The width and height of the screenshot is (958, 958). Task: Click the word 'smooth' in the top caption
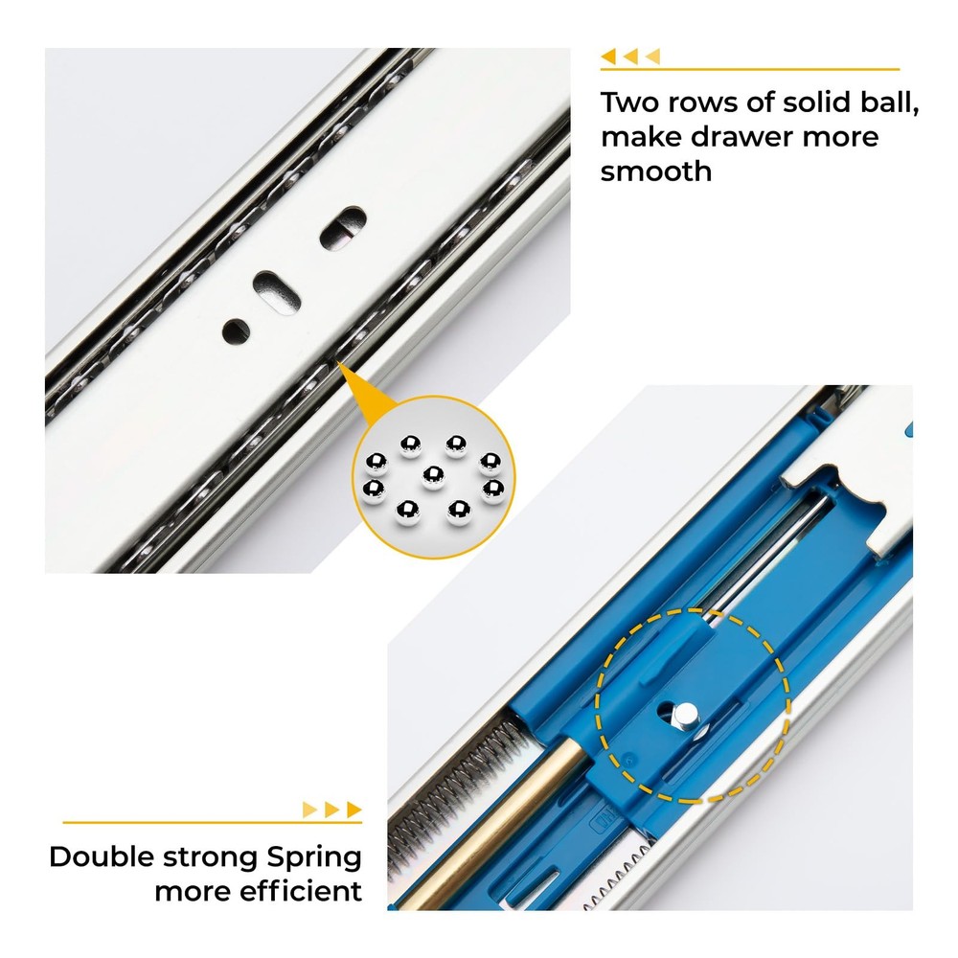point(655,171)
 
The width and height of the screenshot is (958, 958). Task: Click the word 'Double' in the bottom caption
point(102,856)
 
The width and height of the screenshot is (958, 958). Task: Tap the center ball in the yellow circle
point(433,477)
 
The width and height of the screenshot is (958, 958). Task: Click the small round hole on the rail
point(236,331)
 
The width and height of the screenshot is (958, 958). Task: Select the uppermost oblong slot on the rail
point(343,227)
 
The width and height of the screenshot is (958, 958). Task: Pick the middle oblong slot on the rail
point(278,292)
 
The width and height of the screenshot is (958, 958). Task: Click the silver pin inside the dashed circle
point(685,714)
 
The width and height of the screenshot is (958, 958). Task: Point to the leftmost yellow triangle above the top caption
point(608,57)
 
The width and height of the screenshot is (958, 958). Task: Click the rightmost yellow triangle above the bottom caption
point(354,810)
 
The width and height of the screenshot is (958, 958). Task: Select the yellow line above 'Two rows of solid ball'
point(750,70)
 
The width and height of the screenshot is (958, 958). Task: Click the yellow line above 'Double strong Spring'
point(212,822)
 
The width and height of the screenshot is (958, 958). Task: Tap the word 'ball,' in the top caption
point(890,103)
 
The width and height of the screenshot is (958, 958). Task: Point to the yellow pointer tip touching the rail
point(337,362)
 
